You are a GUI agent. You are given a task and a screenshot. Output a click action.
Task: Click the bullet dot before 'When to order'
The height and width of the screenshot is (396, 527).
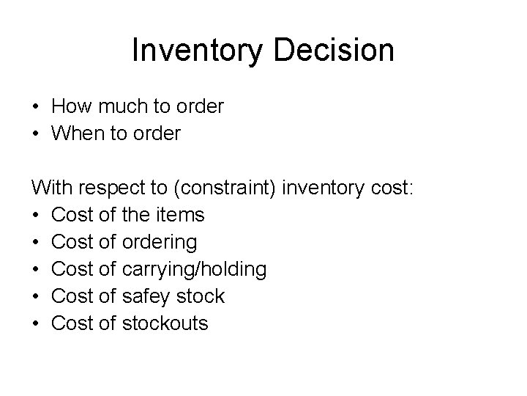click(x=36, y=134)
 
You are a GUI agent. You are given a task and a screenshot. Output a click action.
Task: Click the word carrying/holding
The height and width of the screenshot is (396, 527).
click(x=194, y=270)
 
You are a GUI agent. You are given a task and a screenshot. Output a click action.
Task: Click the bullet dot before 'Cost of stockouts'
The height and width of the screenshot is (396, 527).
click(x=36, y=323)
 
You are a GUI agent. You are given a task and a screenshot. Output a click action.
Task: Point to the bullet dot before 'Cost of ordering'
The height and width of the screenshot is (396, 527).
click(x=36, y=243)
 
